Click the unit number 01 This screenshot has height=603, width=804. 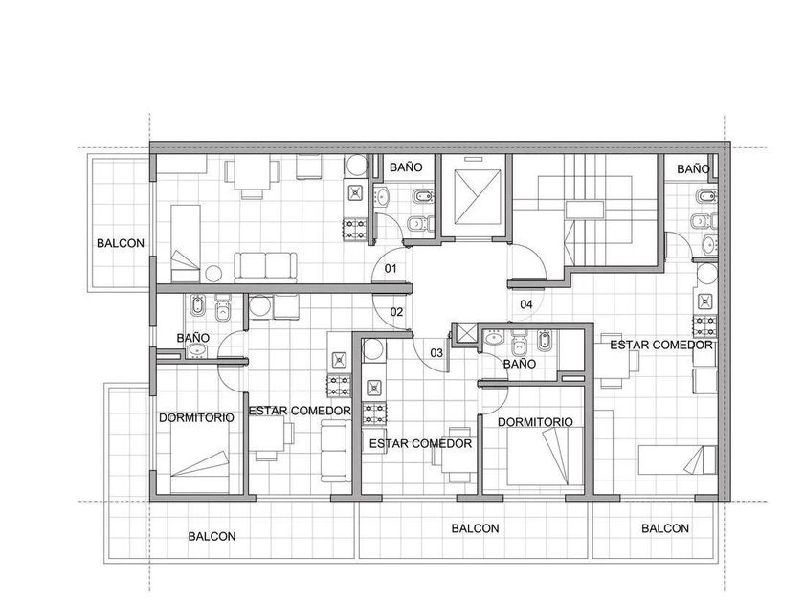[391, 268]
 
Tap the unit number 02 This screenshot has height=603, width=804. [396, 312]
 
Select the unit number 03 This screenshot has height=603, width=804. [436, 353]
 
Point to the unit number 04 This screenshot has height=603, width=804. [526, 304]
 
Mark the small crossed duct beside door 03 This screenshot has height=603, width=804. [465, 333]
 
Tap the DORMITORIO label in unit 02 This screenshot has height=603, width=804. [196, 418]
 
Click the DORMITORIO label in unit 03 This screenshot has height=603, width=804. [535, 422]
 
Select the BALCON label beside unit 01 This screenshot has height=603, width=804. [121, 243]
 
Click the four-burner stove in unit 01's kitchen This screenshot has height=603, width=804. [355, 229]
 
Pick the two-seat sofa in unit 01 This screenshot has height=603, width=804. [266, 267]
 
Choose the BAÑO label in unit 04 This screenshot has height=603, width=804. [693, 168]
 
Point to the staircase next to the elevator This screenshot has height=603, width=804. [585, 211]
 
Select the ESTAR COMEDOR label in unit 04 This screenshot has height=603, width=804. [661, 346]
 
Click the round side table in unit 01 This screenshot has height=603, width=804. [213, 274]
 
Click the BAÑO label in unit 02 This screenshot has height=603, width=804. [192, 338]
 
